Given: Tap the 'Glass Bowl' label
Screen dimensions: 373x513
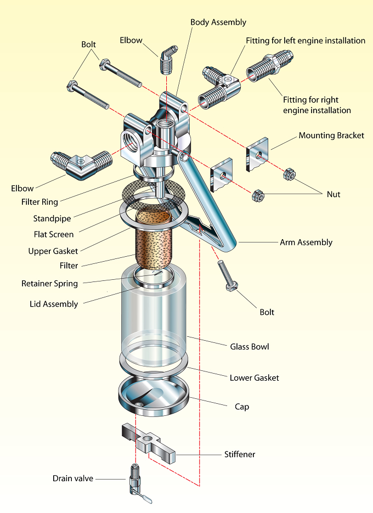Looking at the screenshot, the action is pyautogui.click(x=250, y=347).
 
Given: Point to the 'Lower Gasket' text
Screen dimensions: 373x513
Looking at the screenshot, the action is pyautogui.click(x=254, y=378).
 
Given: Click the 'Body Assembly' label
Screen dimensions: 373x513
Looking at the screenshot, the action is pyautogui.click(x=218, y=22).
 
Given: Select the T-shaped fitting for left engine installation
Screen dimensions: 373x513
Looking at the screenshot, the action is pyautogui.click(x=219, y=86).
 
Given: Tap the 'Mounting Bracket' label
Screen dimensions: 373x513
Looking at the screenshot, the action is pyautogui.click(x=331, y=136).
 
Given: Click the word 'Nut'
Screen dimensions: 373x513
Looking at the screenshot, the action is pyautogui.click(x=334, y=194).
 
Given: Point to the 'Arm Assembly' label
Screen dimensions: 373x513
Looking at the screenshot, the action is pyautogui.click(x=306, y=243).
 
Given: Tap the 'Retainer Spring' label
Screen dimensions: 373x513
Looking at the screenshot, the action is pyautogui.click(x=49, y=284).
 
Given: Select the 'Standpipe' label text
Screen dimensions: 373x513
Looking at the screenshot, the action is pyautogui.click(x=52, y=218).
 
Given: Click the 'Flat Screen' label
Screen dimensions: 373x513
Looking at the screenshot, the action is pyautogui.click(x=54, y=234).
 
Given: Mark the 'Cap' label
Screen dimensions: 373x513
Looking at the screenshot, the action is pyautogui.click(x=242, y=407).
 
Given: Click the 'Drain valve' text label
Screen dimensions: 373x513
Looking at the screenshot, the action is pyautogui.click(x=73, y=478).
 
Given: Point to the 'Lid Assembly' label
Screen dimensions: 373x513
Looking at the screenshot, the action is pyautogui.click(x=54, y=305).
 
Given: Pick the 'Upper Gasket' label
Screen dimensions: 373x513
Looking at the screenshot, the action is pyautogui.click(x=53, y=251).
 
